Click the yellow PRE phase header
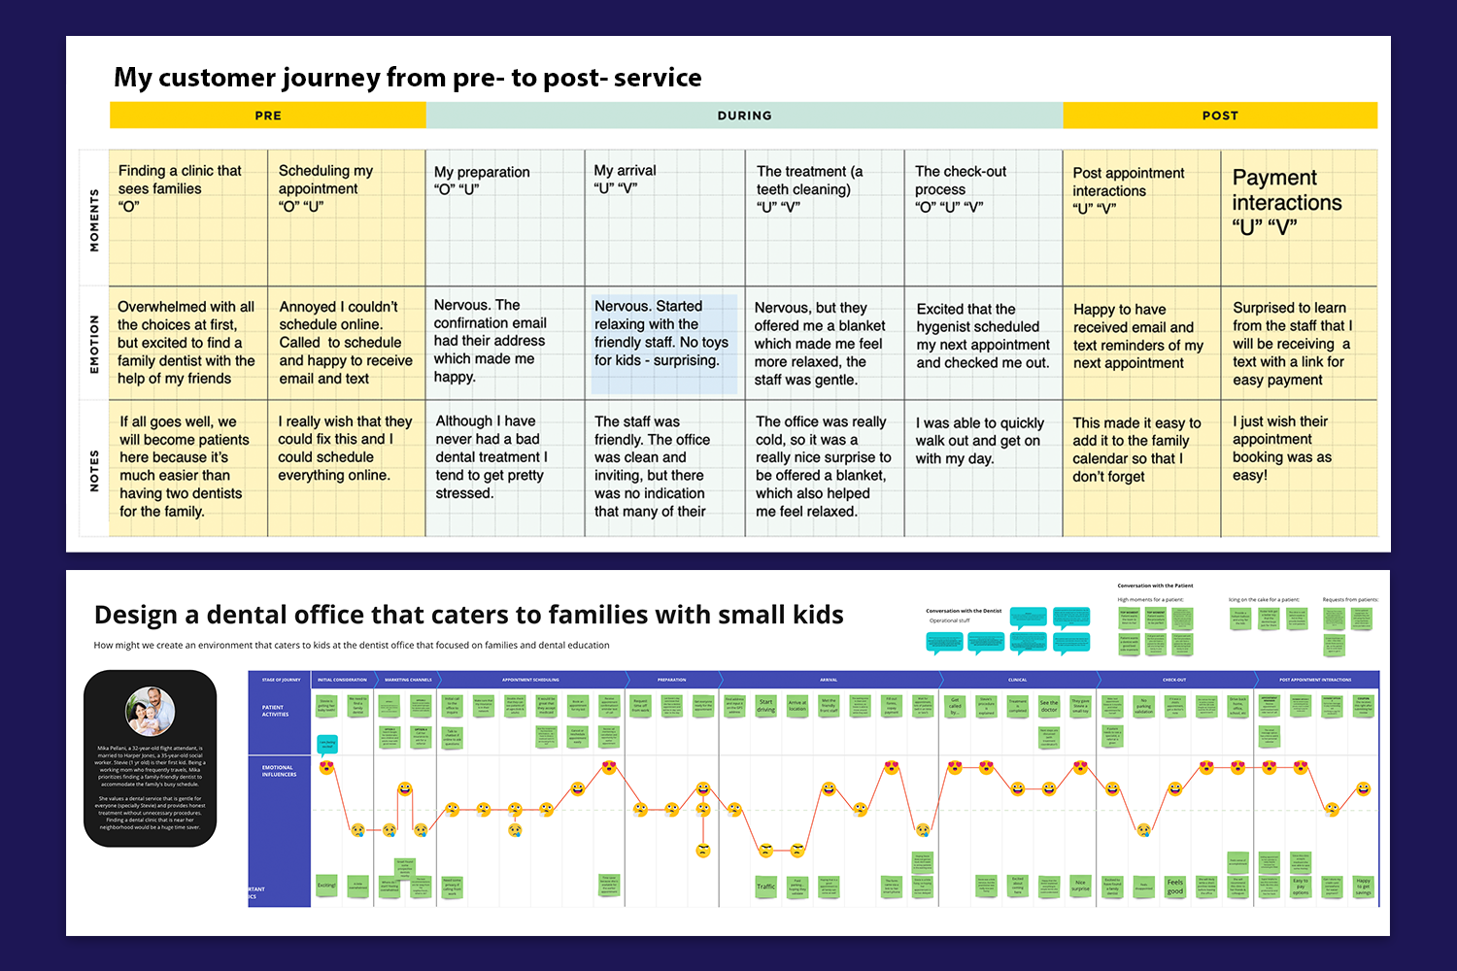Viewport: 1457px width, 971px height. point(268,116)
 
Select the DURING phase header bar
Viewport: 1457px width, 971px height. point(744,116)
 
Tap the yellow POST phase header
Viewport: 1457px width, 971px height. point(1220,116)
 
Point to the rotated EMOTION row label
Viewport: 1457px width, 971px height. point(94,344)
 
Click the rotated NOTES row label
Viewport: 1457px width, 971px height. point(94,470)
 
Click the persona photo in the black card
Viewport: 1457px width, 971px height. point(151,711)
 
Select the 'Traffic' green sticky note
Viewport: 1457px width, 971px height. point(766,886)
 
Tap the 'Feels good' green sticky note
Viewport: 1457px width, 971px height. point(1175,887)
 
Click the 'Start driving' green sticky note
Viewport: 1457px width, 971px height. point(766,706)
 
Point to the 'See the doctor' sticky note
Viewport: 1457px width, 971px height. point(1049,706)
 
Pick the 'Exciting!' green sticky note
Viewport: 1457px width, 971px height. point(326,886)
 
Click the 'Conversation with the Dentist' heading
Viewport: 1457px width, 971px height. point(964,611)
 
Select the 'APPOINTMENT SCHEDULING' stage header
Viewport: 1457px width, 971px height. point(530,680)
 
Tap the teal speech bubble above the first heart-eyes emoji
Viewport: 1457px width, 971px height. point(327,745)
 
